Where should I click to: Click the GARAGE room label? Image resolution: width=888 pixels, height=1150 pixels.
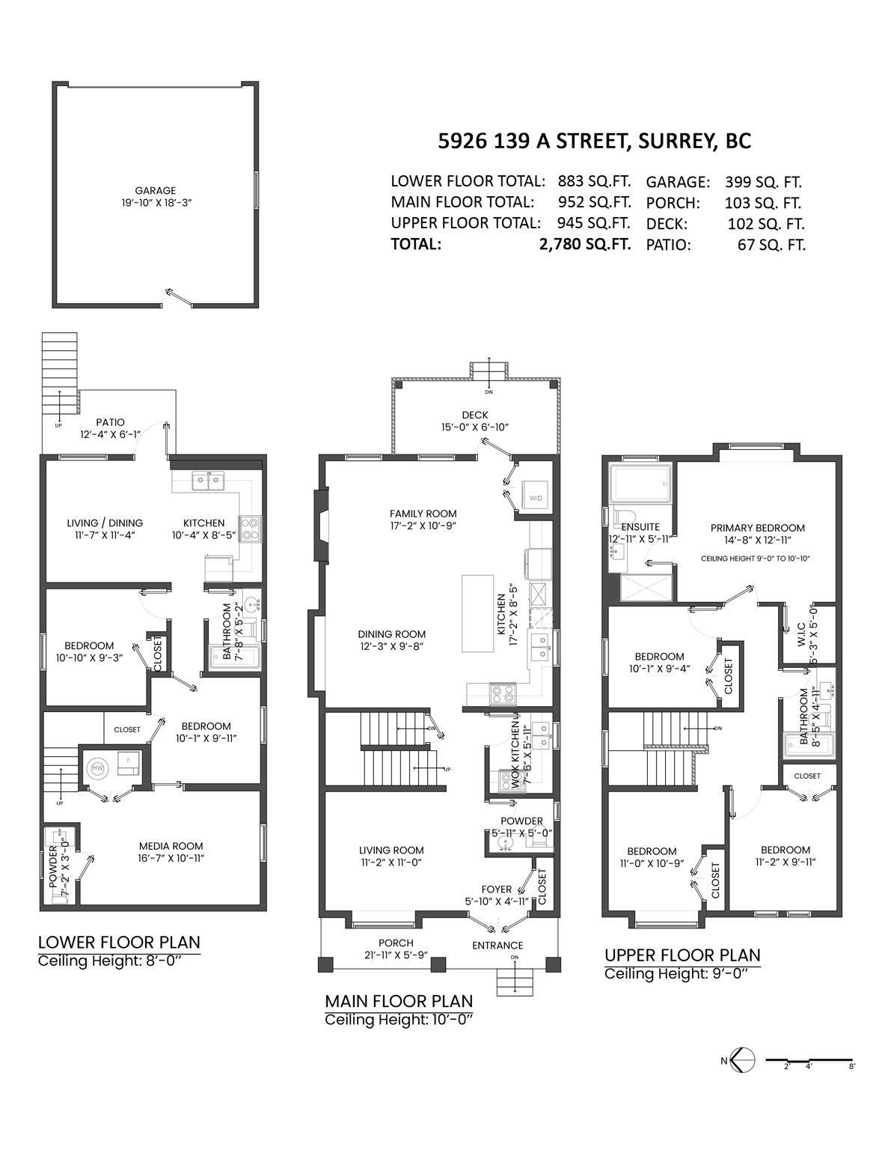point(156,191)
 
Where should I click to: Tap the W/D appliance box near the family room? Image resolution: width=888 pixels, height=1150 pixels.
point(536,498)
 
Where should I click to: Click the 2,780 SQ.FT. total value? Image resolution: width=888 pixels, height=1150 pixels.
point(585,244)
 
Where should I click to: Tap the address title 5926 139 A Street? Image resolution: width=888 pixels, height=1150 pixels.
point(594,141)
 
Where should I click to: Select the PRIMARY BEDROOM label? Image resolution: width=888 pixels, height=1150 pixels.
point(757,528)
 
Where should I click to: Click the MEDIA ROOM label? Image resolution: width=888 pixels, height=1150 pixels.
point(171,846)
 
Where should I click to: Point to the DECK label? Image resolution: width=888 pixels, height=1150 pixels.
point(474,415)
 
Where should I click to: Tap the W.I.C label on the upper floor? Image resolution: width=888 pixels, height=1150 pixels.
point(800,634)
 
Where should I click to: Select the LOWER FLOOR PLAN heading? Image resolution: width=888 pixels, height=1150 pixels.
point(119,942)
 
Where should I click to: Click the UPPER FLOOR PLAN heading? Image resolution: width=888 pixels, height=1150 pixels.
point(682,955)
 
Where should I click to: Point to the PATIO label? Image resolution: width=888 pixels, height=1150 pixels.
point(110,422)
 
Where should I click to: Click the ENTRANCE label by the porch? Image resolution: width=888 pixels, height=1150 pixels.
point(497,945)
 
